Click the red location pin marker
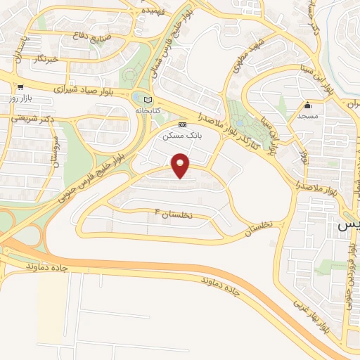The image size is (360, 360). click(181, 166)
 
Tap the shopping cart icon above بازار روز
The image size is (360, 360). click(20, 88)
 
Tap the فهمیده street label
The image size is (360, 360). click(150, 12)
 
